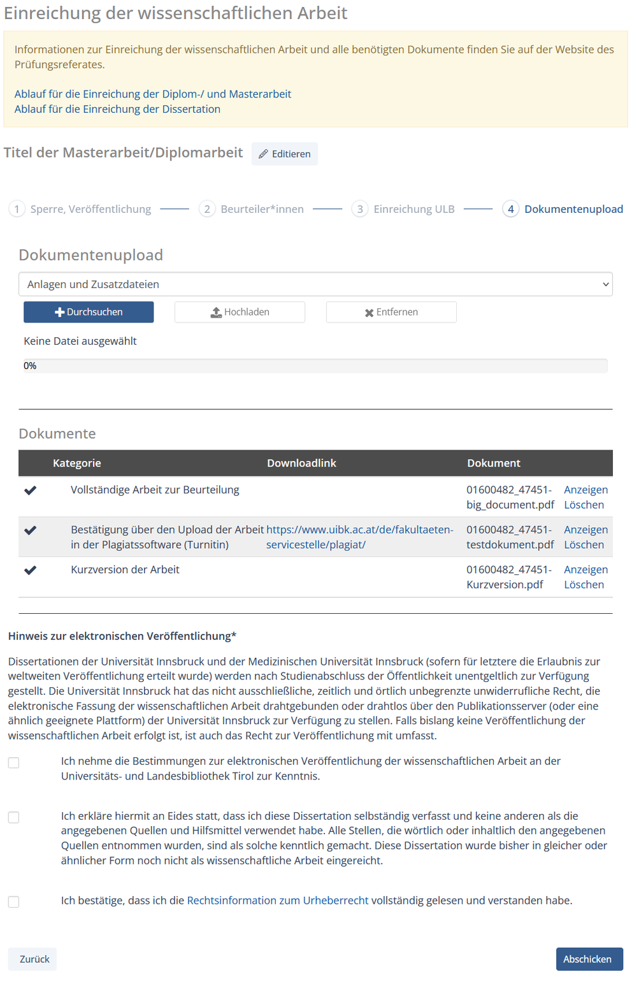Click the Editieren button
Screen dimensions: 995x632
285,154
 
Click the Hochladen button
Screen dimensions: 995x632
240,312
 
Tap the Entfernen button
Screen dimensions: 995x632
391,312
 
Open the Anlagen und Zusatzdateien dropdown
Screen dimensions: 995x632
315,284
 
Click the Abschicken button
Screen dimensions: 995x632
589,959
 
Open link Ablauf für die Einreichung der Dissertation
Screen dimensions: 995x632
117,109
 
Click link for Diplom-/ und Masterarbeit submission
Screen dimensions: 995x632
153,94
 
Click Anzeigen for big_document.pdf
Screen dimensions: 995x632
585,490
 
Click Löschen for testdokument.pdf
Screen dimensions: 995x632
584,544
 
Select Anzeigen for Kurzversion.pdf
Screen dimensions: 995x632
585,569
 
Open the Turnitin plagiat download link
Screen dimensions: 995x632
359,537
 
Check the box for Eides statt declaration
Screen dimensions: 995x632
13,817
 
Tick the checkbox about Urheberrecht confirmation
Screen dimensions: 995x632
13,901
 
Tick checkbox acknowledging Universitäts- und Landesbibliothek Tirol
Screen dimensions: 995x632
13,762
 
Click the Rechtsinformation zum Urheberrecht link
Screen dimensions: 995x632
277,900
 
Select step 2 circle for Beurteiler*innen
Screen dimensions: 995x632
207,209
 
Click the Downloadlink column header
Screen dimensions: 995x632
301,463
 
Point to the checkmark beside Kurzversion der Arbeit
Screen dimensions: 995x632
30,570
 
